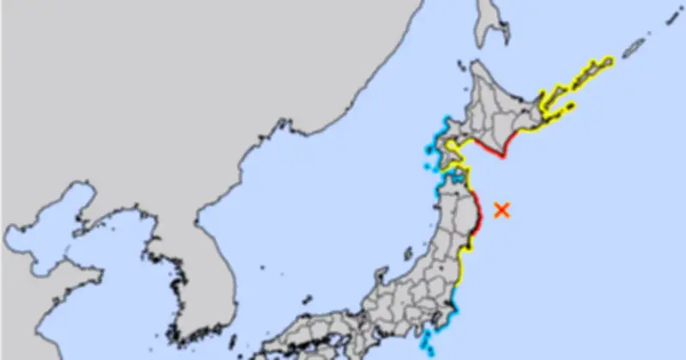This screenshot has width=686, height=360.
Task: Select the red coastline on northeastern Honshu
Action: click(x=478, y=218)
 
